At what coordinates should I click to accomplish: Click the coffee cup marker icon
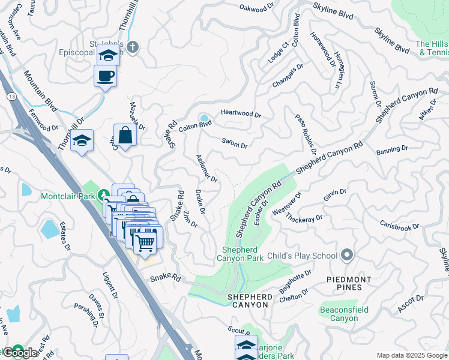point(106,76)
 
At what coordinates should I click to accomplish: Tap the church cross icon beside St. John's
point(133,46)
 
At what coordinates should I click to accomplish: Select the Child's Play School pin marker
point(346,256)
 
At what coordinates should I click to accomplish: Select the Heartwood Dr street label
point(241,114)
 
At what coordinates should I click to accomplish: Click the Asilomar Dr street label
point(206,169)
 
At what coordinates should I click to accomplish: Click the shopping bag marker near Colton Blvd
point(125,136)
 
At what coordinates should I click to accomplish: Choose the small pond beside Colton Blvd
point(205,118)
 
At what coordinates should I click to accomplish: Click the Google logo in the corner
point(20,353)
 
